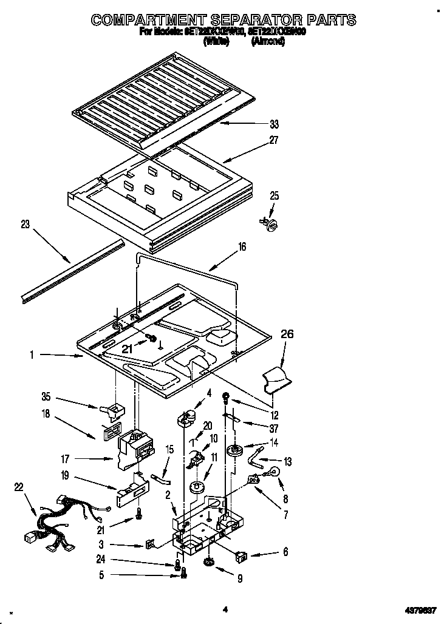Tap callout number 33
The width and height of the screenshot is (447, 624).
274,124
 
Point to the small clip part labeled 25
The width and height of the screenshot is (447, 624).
271,224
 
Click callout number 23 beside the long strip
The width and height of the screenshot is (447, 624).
25,224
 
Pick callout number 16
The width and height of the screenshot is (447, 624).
242,246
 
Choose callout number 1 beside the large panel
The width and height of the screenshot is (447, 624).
32,356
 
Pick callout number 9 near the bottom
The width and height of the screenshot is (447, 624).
239,579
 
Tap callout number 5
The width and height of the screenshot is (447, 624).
101,575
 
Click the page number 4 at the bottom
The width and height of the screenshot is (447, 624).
224,609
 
